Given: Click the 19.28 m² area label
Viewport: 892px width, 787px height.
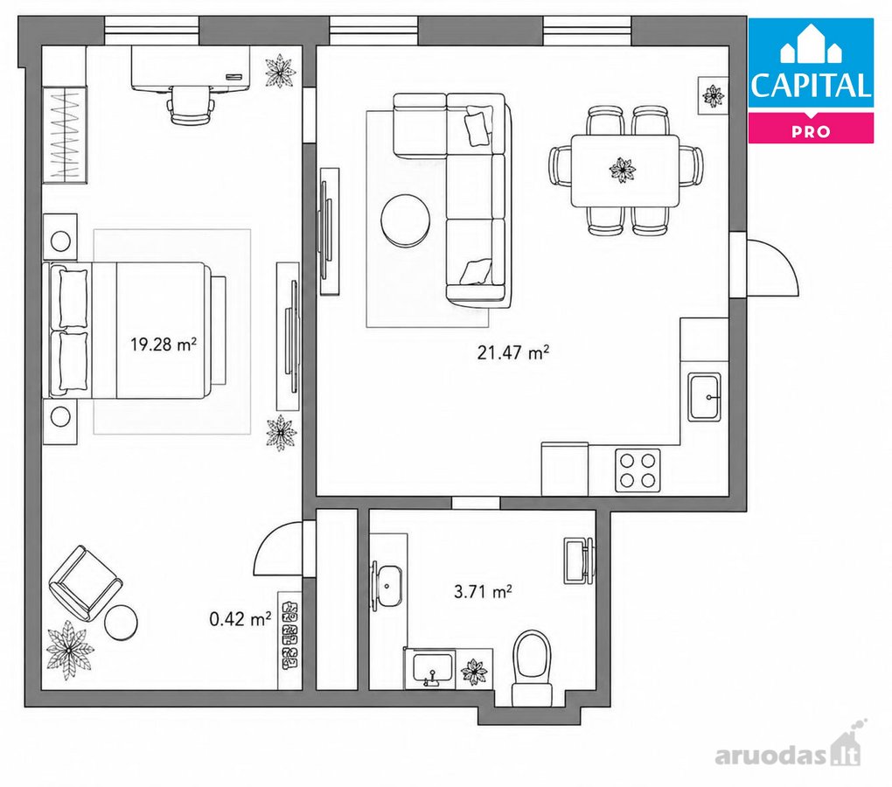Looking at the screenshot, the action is click(164, 344).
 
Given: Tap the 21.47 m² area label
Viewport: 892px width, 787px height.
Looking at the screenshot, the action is click(513, 352).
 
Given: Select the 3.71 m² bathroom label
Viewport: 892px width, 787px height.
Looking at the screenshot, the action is click(483, 592).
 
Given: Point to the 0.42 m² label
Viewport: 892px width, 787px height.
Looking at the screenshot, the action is click(240, 618).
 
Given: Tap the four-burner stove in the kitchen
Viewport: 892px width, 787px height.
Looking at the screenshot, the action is click(638, 470).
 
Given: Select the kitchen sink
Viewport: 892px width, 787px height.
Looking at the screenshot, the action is click(704, 396).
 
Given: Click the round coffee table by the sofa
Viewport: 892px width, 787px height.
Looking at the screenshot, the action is click(406, 220).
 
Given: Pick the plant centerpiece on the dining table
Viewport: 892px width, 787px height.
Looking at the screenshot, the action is click(623, 170).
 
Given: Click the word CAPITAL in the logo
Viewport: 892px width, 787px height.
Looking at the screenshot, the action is click(811, 86).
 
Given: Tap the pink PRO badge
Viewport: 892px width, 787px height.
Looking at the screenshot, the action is click(811, 128).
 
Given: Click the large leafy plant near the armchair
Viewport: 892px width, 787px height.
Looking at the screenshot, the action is click(69, 651).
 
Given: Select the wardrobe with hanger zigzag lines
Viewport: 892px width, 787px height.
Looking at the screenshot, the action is click(65, 136).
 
